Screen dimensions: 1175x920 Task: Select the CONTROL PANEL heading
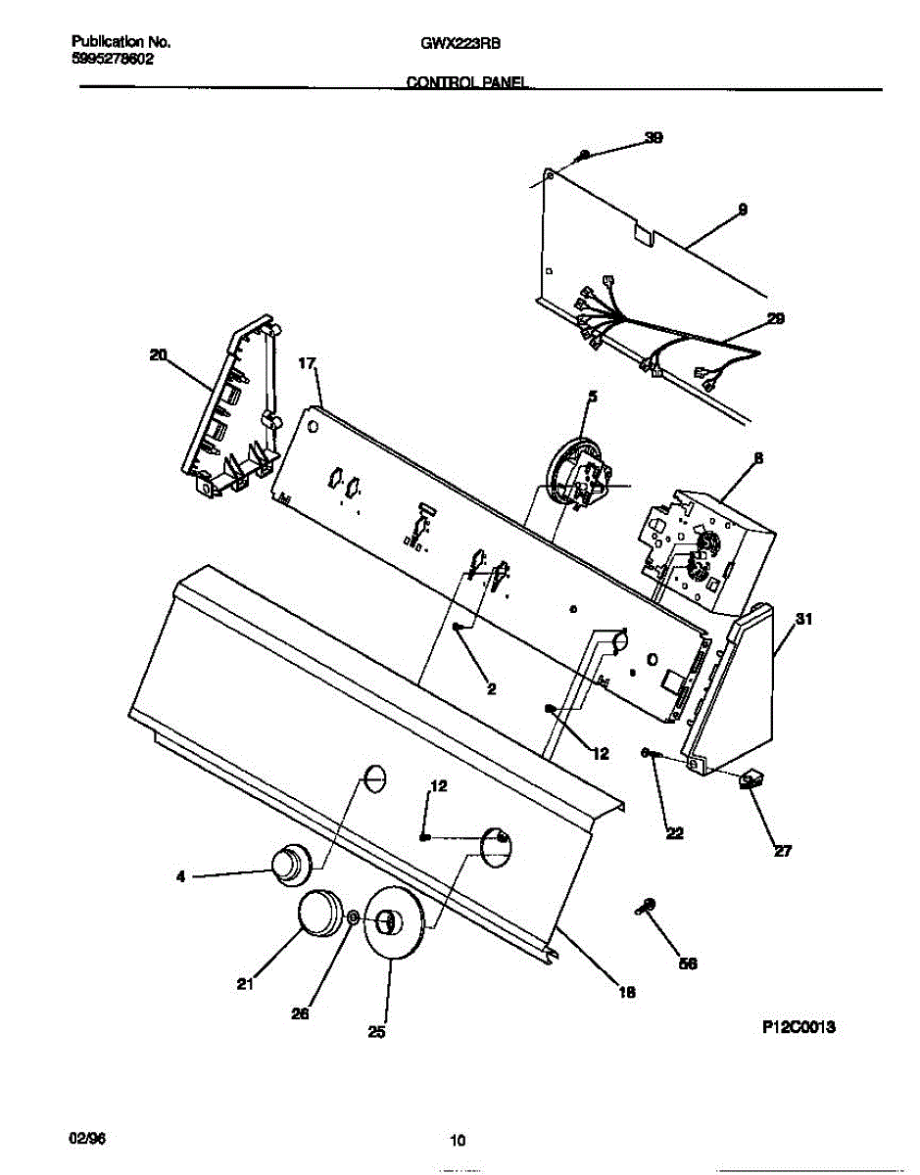[x=469, y=85]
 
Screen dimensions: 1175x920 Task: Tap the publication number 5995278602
[x=113, y=59]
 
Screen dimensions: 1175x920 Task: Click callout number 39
[x=653, y=138]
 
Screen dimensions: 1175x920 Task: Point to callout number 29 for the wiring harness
[x=775, y=318]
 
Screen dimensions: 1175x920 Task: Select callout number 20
[x=158, y=355]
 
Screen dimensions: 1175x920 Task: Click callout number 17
[x=307, y=363]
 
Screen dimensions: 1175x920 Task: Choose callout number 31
[x=804, y=619]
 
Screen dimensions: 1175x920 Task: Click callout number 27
[x=782, y=851]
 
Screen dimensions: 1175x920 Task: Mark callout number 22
[x=674, y=833]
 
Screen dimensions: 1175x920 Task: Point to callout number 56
[x=688, y=963]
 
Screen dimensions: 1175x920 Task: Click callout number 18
[x=627, y=992]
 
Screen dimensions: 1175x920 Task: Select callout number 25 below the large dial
[x=377, y=1031]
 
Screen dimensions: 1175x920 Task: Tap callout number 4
[x=180, y=877]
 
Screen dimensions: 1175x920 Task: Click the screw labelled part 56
[x=647, y=907]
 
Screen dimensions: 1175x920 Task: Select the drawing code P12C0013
[x=799, y=1027]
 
